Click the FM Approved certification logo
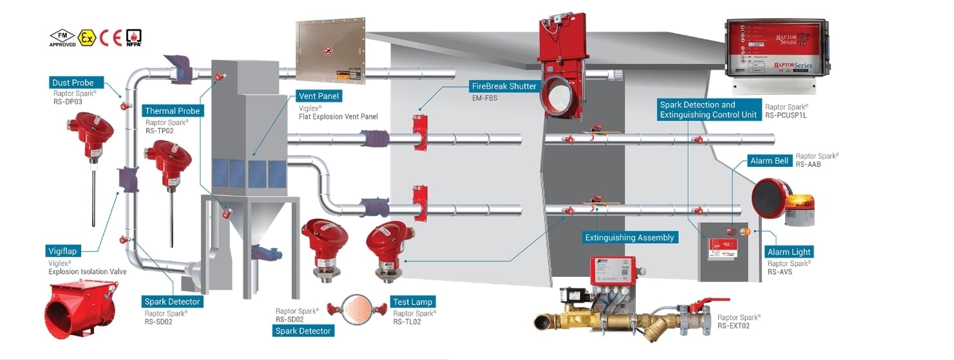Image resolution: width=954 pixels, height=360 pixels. pyautogui.click(x=62, y=37)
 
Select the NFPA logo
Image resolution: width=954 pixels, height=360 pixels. pyautogui.click(x=133, y=37)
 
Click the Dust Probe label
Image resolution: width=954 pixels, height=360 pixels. pyautogui.click(x=73, y=82)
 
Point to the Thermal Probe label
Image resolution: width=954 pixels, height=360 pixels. pyautogui.click(x=172, y=111)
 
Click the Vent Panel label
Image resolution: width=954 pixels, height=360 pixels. pyautogui.click(x=319, y=96)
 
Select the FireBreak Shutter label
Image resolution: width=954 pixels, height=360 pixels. pyautogui.click(x=504, y=86)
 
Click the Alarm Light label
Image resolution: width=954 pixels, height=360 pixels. pyautogui.click(x=789, y=252)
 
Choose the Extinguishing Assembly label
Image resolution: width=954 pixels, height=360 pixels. pyautogui.click(x=629, y=238)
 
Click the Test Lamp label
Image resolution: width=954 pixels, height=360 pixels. pyautogui.click(x=413, y=302)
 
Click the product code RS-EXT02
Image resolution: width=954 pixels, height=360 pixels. pyautogui.click(x=734, y=326)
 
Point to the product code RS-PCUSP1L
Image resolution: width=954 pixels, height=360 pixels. pyautogui.click(x=785, y=115)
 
